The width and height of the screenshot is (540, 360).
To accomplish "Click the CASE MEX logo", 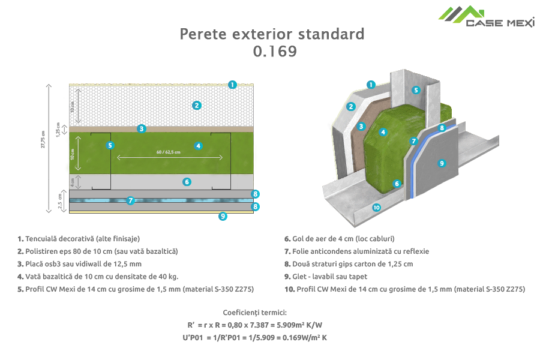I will click(x=485, y=16).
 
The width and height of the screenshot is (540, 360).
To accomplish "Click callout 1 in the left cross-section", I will click(x=232, y=85).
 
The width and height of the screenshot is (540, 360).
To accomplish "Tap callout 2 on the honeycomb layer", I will click(x=196, y=105).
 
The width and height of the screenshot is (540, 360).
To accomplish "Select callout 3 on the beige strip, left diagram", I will click(x=142, y=128).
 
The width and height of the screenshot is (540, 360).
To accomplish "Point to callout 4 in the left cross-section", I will click(x=198, y=145).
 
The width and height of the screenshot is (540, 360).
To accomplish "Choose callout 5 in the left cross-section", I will click(x=109, y=145).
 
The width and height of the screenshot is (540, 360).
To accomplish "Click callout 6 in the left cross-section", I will click(x=187, y=181).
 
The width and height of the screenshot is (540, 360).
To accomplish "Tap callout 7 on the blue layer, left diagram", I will click(x=130, y=200).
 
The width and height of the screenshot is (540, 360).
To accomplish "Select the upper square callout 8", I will click(x=256, y=194).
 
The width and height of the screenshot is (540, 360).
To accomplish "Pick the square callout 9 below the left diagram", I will click(x=223, y=217).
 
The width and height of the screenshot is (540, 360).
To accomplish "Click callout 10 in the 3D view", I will click(x=376, y=208).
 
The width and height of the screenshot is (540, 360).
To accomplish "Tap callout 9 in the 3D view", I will click(x=442, y=163).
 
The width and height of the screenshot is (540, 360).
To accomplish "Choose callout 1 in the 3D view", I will click(x=371, y=85).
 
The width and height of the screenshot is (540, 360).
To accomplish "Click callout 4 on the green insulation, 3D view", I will click(x=383, y=132).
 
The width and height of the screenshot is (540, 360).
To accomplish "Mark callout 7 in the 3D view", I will click(x=413, y=141).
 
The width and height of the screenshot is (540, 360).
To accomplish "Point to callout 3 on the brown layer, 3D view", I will click(x=361, y=126).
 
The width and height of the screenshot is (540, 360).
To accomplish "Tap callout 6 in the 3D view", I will click(x=397, y=184).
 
